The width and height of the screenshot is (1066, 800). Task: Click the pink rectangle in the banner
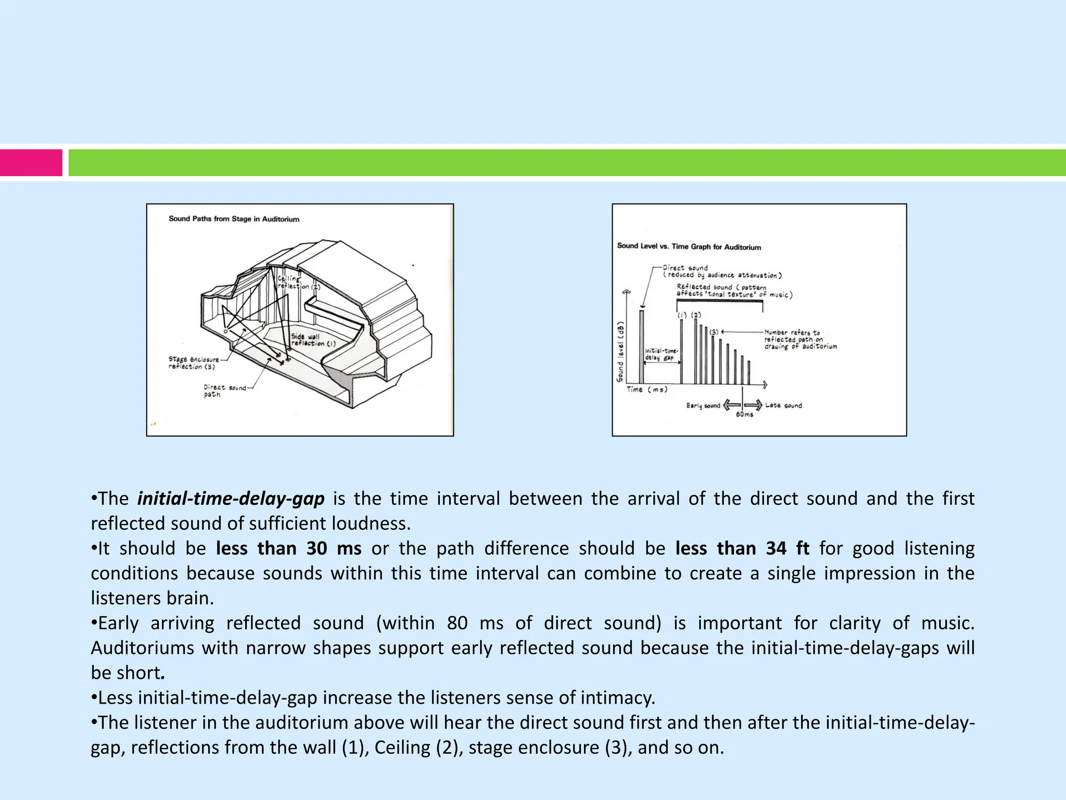click(31, 163)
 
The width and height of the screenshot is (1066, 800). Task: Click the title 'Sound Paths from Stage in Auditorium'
click(234, 219)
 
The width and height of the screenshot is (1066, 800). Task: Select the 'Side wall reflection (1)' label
click(312, 340)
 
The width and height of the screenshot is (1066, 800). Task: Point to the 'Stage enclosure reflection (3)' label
click(193, 363)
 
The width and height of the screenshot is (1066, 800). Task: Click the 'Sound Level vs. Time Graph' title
click(689, 247)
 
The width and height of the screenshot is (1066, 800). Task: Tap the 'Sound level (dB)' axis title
click(620, 352)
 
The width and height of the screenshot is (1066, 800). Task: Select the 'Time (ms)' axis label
click(646, 390)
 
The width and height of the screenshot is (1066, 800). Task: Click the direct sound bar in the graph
click(641, 347)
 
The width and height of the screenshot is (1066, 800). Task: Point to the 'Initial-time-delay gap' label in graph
click(661, 354)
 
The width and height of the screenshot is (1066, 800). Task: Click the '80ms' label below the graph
click(744, 415)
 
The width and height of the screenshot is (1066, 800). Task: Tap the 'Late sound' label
click(783, 405)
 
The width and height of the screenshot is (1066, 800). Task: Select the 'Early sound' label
click(703, 406)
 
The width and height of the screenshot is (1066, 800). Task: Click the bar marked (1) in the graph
click(681, 352)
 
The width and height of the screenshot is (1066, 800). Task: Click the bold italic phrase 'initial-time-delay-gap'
click(231, 499)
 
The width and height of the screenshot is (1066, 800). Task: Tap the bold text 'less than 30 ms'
click(288, 548)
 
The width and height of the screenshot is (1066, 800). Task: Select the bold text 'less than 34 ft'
click(742, 548)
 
